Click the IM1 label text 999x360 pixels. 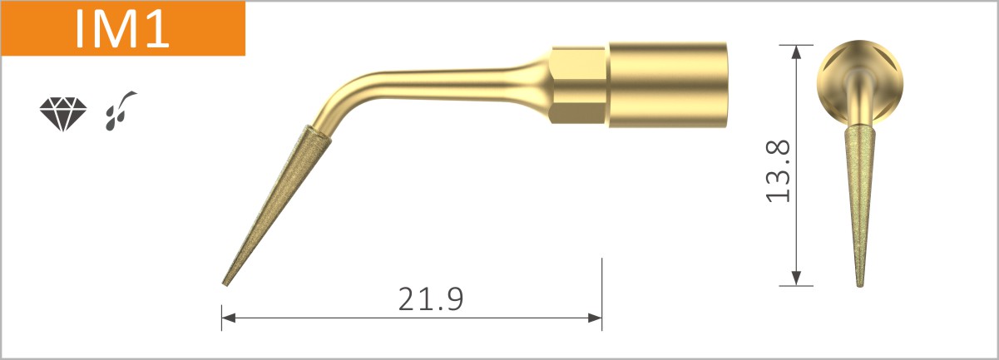tap(122, 28)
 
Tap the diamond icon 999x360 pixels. tap(62, 114)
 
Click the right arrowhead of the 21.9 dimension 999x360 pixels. tap(595, 317)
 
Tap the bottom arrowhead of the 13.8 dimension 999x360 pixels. tap(797, 279)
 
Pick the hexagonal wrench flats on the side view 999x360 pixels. tap(578, 84)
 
